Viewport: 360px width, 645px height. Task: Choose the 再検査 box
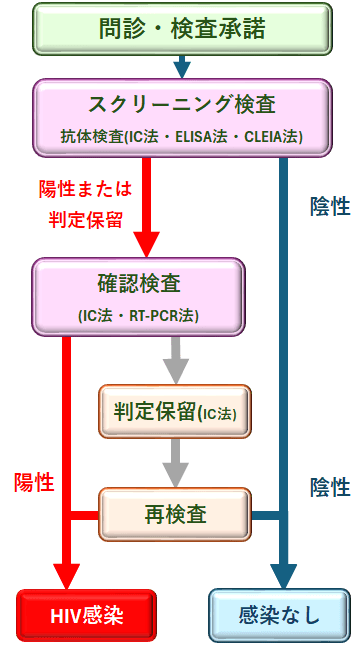(175, 515)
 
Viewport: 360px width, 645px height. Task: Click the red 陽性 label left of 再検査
(33, 482)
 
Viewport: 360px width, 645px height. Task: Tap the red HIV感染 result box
(86, 614)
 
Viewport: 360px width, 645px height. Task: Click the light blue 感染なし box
(279, 614)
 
